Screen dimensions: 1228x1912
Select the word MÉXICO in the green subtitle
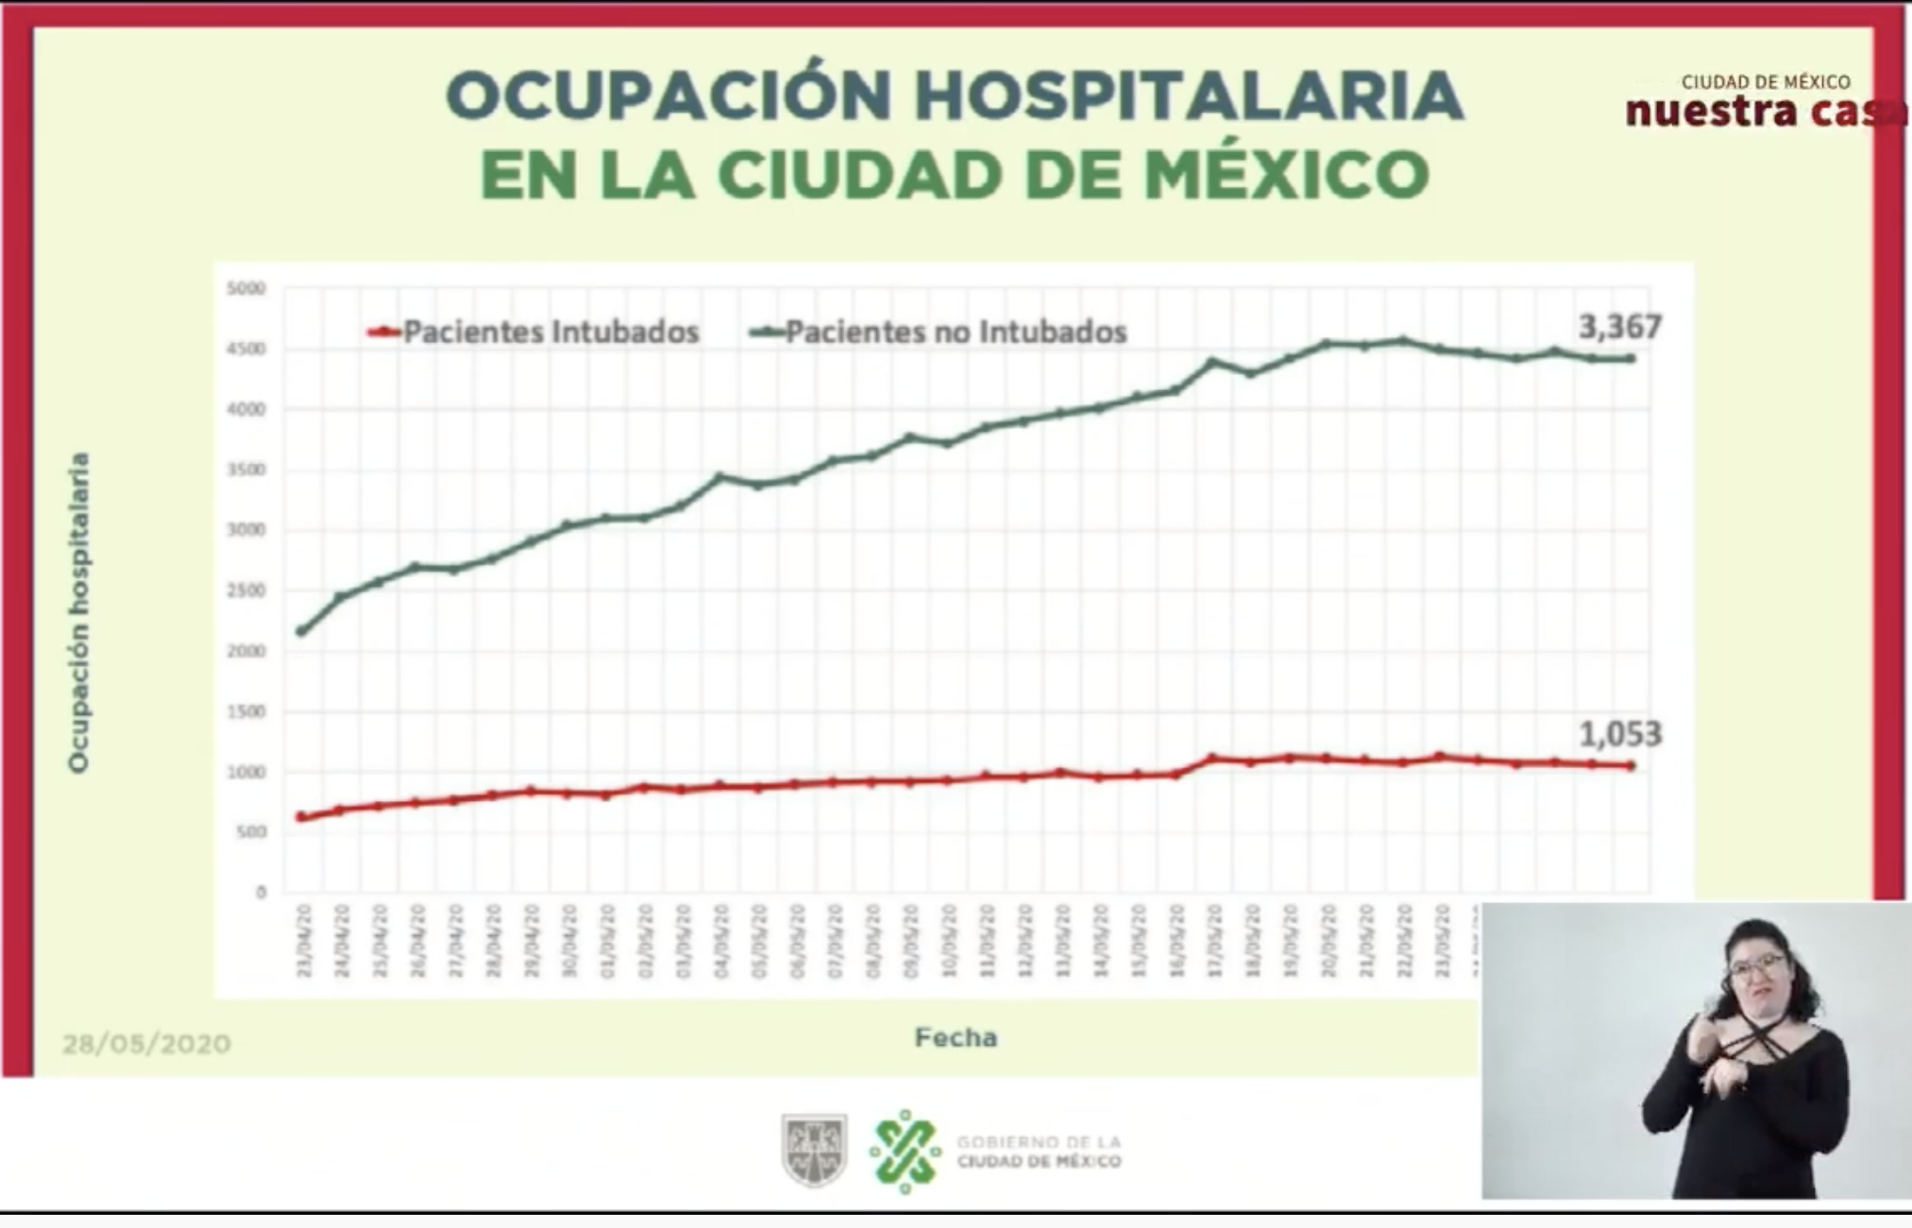coord(1286,175)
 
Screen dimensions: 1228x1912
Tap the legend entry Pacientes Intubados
coord(550,333)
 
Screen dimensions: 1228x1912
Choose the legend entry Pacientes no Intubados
coord(955,333)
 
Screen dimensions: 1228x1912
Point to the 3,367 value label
coord(1619,327)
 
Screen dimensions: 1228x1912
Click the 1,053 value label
coord(1619,734)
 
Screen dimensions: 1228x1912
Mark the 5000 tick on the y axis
coord(246,288)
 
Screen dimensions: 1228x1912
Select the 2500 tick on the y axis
coord(246,591)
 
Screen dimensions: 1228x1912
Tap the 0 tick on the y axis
coord(261,893)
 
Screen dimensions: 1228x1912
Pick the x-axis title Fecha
coord(955,1038)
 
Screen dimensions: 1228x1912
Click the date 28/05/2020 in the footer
coord(146,1044)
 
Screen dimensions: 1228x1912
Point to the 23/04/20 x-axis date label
coord(304,941)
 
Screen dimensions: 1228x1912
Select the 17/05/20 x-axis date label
coord(1214,941)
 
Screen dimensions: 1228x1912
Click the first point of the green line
coord(301,631)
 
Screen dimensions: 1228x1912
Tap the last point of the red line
coord(1631,766)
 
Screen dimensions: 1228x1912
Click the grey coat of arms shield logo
coord(814,1150)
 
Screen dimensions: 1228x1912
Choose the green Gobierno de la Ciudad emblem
coord(905,1151)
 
